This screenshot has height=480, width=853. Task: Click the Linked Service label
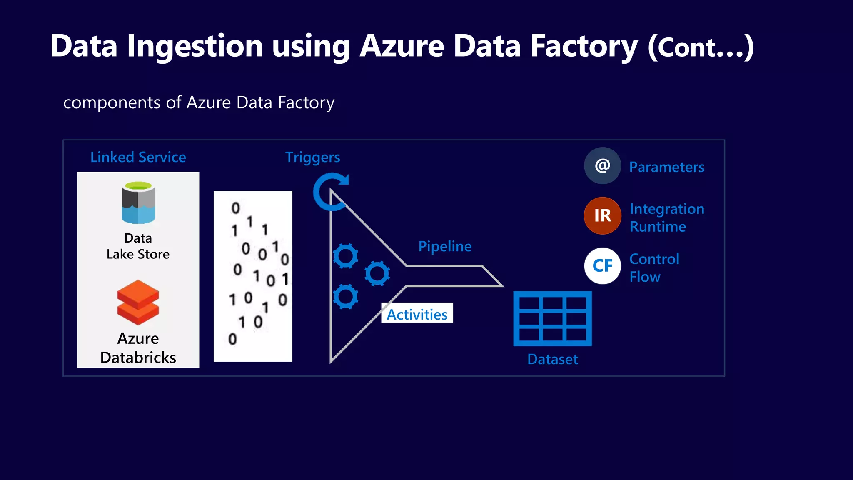(138, 157)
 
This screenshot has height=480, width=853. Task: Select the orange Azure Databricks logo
(138, 302)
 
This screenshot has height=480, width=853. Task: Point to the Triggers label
(312, 157)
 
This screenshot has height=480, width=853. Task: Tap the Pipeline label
(445, 246)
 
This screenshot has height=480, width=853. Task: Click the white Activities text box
(417, 313)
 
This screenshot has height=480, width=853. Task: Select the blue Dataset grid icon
(552, 318)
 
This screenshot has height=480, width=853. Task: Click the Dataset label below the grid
(552, 359)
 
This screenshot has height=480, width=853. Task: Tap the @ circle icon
(602, 166)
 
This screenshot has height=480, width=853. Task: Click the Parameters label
(666, 167)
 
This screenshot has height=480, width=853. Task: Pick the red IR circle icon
(602, 216)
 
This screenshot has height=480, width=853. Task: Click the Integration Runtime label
(666, 217)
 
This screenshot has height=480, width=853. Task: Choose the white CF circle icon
(602, 266)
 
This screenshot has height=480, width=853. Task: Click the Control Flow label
(654, 268)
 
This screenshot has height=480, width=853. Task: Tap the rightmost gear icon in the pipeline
(377, 273)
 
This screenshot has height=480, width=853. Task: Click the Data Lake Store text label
(138, 246)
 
